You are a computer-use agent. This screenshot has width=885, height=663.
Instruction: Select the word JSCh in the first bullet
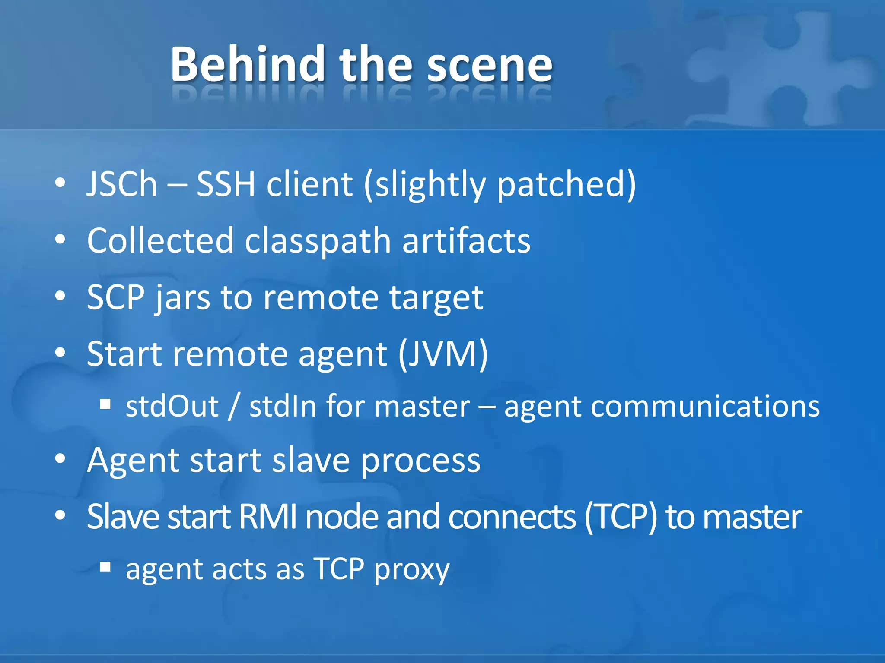tap(122, 184)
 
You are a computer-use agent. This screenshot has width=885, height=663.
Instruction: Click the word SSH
tap(226, 184)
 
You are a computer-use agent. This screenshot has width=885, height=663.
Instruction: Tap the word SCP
tap(115, 297)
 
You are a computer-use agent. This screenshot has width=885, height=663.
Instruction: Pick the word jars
tap(183, 298)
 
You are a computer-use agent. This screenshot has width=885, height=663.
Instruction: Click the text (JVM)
tap(443, 354)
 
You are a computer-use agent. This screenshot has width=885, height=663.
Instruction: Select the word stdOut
tap(172, 406)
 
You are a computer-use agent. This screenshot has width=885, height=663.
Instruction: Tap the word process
tap(420, 461)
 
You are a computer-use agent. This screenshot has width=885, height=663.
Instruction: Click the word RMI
tap(267, 516)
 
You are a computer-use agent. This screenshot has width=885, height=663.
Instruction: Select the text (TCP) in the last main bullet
tap(621, 516)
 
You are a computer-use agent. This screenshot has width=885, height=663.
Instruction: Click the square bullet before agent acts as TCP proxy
tap(105, 566)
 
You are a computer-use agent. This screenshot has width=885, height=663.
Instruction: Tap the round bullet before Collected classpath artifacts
tap(60, 239)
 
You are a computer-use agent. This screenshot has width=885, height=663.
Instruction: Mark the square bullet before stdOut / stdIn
tap(105, 404)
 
